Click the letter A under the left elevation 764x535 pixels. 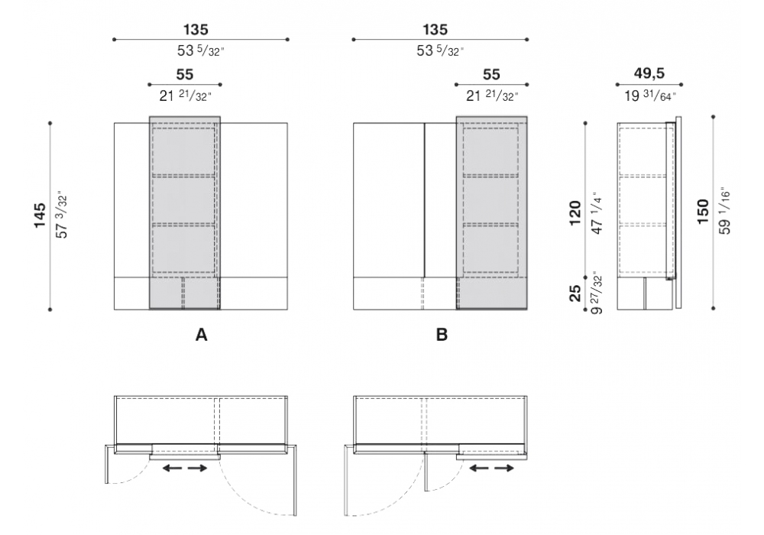click(x=201, y=335)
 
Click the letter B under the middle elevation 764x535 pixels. click(x=442, y=335)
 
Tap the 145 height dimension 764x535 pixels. click(x=40, y=216)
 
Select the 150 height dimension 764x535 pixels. click(x=703, y=212)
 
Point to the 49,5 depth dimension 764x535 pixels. click(x=649, y=73)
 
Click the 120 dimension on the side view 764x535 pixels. click(x=575, y=213)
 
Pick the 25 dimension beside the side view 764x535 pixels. click(x=575, y=293)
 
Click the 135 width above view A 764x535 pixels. click(x=196, y=30)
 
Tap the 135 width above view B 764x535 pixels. click(x=435, y=30)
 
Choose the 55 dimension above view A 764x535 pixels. click(x=185, y=75)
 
